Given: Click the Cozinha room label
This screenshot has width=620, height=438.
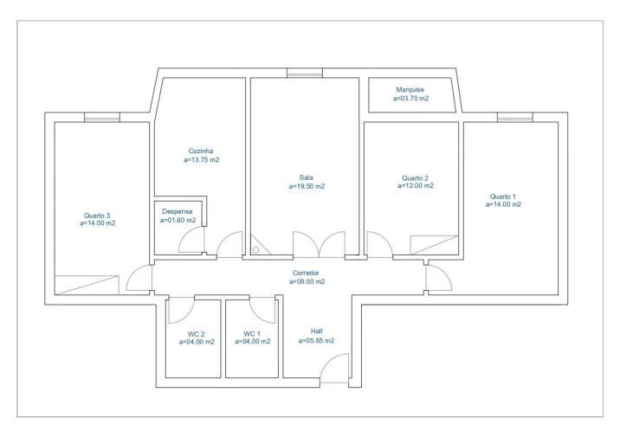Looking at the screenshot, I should pyautogui.click(x=201, y=151).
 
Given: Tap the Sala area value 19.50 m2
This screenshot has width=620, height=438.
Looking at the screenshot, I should pyautogui.click(x=307, y=186).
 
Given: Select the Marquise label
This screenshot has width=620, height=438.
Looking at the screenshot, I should pyautogui.click(x=410, y=89).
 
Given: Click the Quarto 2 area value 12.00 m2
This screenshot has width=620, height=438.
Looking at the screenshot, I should pyautogui.click(x=416, y=186).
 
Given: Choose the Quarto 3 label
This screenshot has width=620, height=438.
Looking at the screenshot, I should pyautogui.click(x=97, y=215).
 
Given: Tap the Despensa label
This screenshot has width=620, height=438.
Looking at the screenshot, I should pyautogui.click(x=177, y=211).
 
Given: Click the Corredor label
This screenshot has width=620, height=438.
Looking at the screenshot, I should pyautogui.click(x=307, y=273).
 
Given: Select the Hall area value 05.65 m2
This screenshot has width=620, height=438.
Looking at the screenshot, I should pyautogui.click(x=316, y=341).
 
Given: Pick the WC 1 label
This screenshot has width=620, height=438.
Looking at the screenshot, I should pyautogui.click(x=251, y=333).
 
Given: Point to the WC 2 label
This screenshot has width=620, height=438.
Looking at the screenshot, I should pyautogui.click(x=196, y=333).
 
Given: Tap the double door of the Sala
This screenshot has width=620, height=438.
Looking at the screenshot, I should pyautogui.click(x=319, y=245).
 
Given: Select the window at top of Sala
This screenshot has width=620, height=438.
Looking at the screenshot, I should pyautogui.click(x=304, y=74).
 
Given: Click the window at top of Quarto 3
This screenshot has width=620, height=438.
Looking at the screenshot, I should pyautogui.click(x=101, y=117).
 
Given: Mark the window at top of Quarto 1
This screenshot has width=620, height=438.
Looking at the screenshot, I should pyautogui.click(x=514, y=117).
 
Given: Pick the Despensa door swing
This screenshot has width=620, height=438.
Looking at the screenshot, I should pyautogui.click(x=191, y=241).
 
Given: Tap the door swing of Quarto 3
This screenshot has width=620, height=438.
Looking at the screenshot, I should pyautogui.click(x=139, y=278).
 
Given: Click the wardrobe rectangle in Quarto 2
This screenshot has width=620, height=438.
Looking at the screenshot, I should pyautogui.click(x=434, y=244).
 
